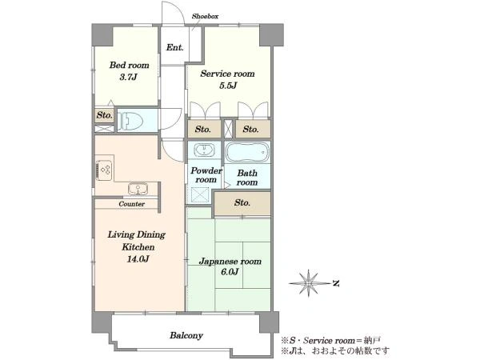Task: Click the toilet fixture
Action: [x=130, y=120]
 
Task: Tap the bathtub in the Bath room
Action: [x=247, y=152]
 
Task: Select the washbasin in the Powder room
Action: [x=203, y=150]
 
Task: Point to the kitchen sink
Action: [x=138, y=189]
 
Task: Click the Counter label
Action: [x=132, y=204]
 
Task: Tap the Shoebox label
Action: [x=205, y=16]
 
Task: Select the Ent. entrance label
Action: [x=174, y=47]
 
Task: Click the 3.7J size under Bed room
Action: [x=128, y=77]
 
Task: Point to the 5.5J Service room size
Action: [x=228, y=86]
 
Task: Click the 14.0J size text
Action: [x=138, y=259]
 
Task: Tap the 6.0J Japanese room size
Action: [x=230, y=271]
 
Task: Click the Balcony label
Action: [x=186, y=335]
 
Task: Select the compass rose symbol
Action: [x=309, y=283]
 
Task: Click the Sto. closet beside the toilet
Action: [x=104, y=115]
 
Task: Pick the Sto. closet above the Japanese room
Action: [x=242, y=203]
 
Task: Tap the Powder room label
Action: [x=206, y=175]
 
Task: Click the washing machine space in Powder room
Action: [x=200, y=195]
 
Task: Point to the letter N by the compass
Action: [x=336, y=284]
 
